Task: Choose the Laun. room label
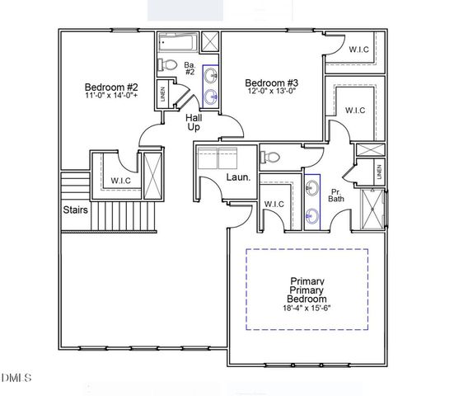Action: click(x=239, y=178)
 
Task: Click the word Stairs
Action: click(x=77, y=210)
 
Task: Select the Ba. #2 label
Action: click(x=189, y=68)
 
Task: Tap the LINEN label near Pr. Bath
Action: click(x=379, y=172)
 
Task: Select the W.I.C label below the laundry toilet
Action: click(x=274, y=204)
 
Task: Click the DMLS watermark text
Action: click(x=16, y=378)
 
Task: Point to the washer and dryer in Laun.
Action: click(x=216, y=157)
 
